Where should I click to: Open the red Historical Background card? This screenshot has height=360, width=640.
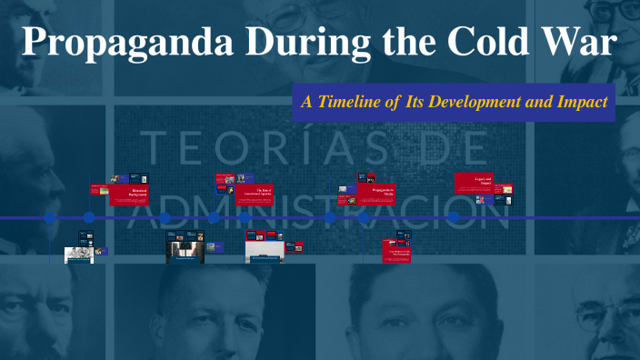tap(128, 195)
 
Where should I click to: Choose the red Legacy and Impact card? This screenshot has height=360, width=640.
tap(475, 183)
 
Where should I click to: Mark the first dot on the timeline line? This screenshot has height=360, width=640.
tap(50, 218)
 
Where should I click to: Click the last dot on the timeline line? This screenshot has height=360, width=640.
tap(454, 218)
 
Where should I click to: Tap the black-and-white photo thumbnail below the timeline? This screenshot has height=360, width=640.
tap(78, 255)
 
